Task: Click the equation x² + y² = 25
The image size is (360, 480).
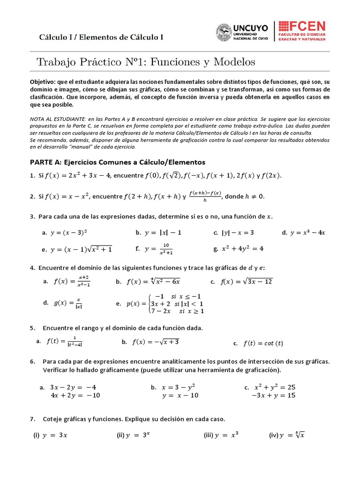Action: point(275,387)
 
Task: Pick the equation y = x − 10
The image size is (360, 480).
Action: point(180,395)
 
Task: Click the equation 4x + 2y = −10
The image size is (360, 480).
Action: point(75,395)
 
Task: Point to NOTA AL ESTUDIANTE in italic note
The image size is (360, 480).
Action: point(54,120)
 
